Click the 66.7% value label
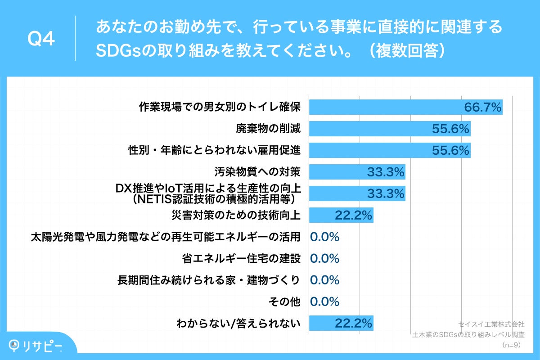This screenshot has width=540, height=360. (x=482, y=107)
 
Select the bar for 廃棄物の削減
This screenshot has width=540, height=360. (x=390, y=129)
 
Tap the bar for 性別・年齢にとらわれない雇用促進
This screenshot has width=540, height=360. (x=390, y=150)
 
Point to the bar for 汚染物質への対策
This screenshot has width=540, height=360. (x=357, y=172)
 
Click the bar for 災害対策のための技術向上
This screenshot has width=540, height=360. (x=341, y=215)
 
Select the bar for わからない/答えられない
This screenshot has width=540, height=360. (x=341, y=323)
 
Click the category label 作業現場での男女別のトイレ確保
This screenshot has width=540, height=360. (x=219, y=107)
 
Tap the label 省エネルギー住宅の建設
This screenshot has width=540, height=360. (x=241, y=258)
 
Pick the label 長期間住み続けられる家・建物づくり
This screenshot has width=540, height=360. (x=208, y=280)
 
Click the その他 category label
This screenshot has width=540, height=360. (x=284, y=301)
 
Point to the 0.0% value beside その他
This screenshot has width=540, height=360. (x=325, y=301)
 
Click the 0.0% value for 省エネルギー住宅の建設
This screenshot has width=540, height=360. (x=325, y=258)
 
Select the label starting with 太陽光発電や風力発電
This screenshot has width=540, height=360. (x=165, y=237)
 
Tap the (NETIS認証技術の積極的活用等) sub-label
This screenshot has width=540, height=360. (x=214, y=198)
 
